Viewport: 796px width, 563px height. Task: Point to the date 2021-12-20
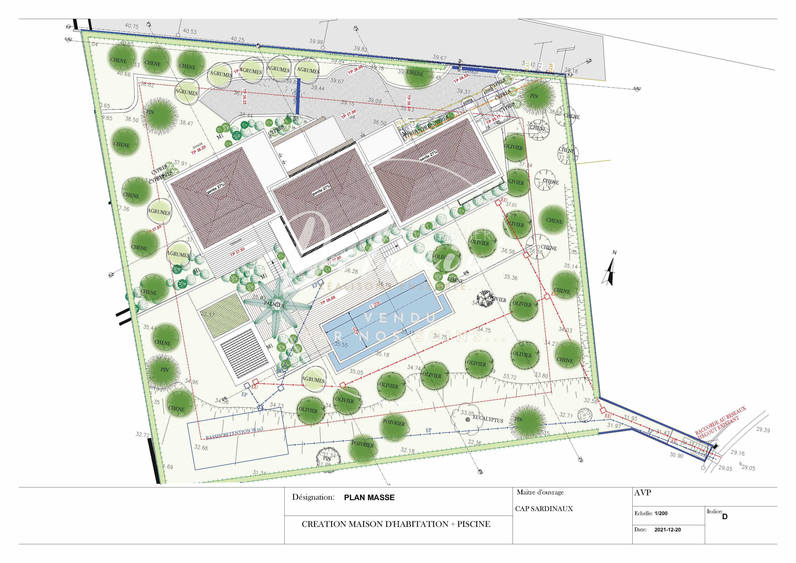(667, 530)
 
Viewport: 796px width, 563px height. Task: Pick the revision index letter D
(725, 517)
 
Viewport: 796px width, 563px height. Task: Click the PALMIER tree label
(274, 305)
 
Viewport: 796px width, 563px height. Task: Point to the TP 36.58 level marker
(328, 300)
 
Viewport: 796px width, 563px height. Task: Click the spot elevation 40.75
(132, 26)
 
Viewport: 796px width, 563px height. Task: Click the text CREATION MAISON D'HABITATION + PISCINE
(396, 524)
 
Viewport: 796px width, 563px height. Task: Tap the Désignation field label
(313, 497)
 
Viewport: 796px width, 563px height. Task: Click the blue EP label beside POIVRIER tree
(428, 430)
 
